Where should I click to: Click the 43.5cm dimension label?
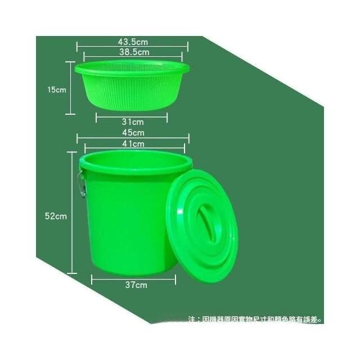[x=133, y=42]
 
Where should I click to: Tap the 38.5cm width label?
[x=134, y=52]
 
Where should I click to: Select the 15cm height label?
[x=56, y=89]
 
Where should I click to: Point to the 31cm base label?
[x=133, y=122]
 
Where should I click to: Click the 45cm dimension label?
[x=133, y=133]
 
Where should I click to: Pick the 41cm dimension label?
[x=133, y=144]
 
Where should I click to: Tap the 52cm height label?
[x=56, y=216]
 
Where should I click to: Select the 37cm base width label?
[x=136, y=285]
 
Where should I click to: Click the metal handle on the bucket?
[x=82, y=184]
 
